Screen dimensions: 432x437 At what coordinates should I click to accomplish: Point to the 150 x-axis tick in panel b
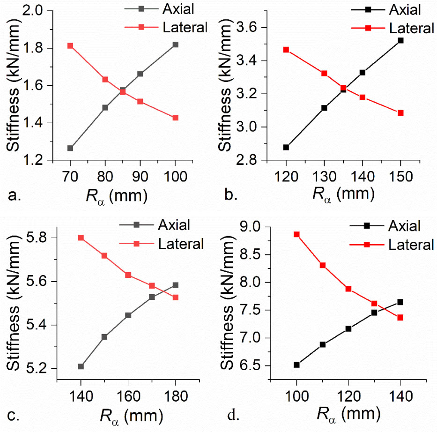pos(400,176)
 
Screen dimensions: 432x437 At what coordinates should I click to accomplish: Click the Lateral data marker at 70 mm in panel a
pos(70,45)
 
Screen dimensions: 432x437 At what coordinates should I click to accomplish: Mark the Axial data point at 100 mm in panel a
pos(175,45)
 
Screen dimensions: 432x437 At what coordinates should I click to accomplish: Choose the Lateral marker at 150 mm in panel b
pos(400,113)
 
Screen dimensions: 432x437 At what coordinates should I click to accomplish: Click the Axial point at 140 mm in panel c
pos(81,366)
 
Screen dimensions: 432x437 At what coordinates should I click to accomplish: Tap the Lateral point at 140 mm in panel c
pos(81,238)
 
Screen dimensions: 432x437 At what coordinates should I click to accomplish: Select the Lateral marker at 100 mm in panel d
pos(296,234)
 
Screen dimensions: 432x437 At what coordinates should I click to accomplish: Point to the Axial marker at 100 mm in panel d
pos(296,365)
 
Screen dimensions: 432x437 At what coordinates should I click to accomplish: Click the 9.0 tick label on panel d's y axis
pos(254,227)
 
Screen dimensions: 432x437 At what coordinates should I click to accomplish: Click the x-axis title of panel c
pos(132,415)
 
